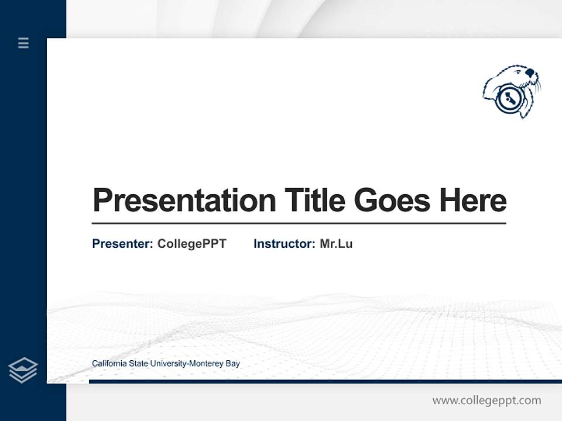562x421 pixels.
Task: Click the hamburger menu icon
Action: tap(23, 43)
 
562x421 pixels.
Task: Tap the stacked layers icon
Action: tap(23, 370)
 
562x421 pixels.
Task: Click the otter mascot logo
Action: tap(512, 92)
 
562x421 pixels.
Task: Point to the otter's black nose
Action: tap(530, 74)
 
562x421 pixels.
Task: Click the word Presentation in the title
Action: tap(184, 201)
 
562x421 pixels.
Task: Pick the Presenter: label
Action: tap(122, 244)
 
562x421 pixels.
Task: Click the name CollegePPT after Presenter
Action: tap(191, 244)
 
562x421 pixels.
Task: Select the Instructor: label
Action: tap(284, 244)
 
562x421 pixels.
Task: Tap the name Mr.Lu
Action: tap(336, 244)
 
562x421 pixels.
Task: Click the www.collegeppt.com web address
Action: tap(486, 401)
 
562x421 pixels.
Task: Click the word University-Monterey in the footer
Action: tap(187, 364)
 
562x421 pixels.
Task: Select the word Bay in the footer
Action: tap(232, 364)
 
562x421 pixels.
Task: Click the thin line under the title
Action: tap(299, 223)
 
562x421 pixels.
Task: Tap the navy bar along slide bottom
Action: tap(322, 381)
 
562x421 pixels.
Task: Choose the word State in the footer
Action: tap(139, 364)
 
